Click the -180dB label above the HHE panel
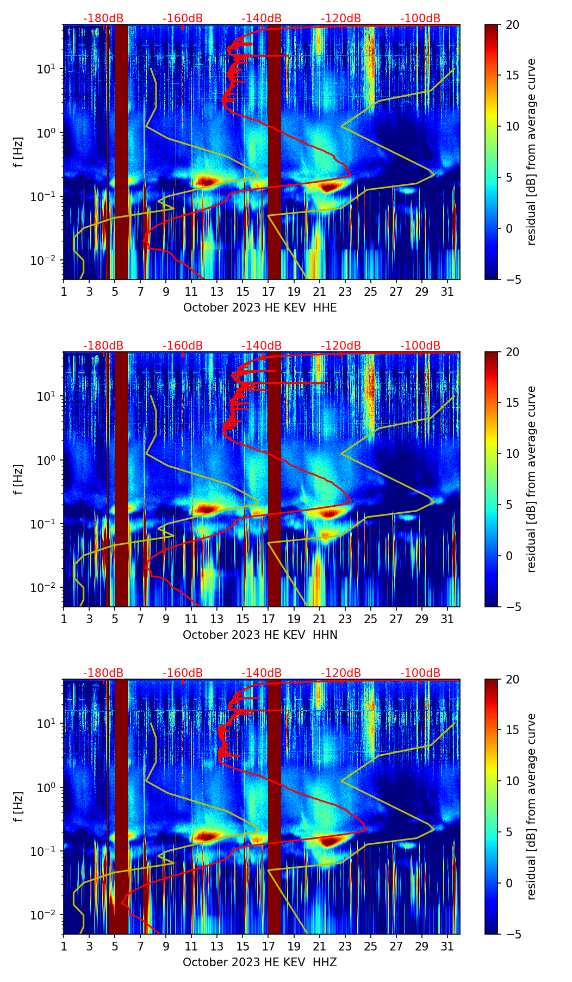point(103,18)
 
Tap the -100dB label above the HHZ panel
point(420,673)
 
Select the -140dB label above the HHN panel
point(262,346)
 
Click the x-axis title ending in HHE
point(260,308)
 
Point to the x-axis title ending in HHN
point(260,635)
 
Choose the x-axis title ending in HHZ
point(260,962)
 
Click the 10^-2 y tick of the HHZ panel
point(45,915)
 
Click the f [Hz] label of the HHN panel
point(18,479)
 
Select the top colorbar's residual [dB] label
point(532,152)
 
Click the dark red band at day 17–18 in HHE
point(275,152)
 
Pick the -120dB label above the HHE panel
point(341,18)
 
